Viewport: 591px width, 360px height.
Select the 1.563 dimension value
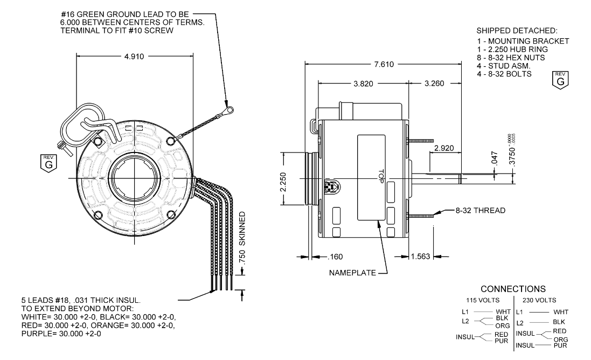[x=419, y=257]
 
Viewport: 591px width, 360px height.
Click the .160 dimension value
[x=336, y=257]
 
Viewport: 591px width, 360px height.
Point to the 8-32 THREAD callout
[x=480, y=210]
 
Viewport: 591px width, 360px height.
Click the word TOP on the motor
[x=380, y=177]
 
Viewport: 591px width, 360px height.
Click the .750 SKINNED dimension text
[x=242, y=238]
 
